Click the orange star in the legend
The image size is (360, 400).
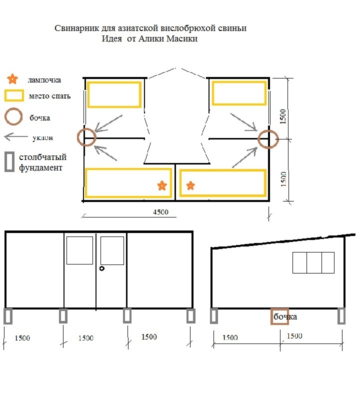coord(12,79)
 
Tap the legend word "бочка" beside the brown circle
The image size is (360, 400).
coord(40,118)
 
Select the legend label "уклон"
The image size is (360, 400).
coord(43,138)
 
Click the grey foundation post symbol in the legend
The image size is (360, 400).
coord(9,161)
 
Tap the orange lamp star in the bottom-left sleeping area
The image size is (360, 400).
coord(162,185)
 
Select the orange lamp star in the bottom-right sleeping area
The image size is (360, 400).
coord(190,185)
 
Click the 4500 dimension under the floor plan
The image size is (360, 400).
coord(160,212)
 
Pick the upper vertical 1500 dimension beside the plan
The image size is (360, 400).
coord(282,116)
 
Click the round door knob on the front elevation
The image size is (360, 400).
coord(102,268)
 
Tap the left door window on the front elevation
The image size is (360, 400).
coord(79,250)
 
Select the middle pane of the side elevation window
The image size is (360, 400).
coord(314,263)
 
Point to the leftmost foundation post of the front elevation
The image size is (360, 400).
coord(8,316)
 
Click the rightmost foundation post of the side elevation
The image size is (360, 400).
coord(341,316)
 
